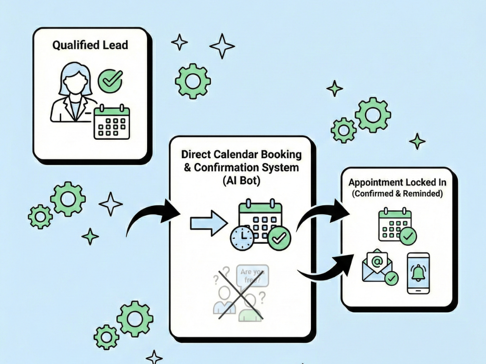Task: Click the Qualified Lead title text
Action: point(90,45)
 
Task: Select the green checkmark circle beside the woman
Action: point(110,81)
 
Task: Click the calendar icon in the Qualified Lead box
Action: point(112,122)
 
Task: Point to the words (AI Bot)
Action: point(241,180)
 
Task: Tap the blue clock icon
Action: point(242,237)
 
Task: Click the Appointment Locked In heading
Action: point(397,182)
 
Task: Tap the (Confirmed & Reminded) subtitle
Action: point(397,193)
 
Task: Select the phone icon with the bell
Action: point(418,273)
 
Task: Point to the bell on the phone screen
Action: point(418,273)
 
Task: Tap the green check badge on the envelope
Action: point(391,278)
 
